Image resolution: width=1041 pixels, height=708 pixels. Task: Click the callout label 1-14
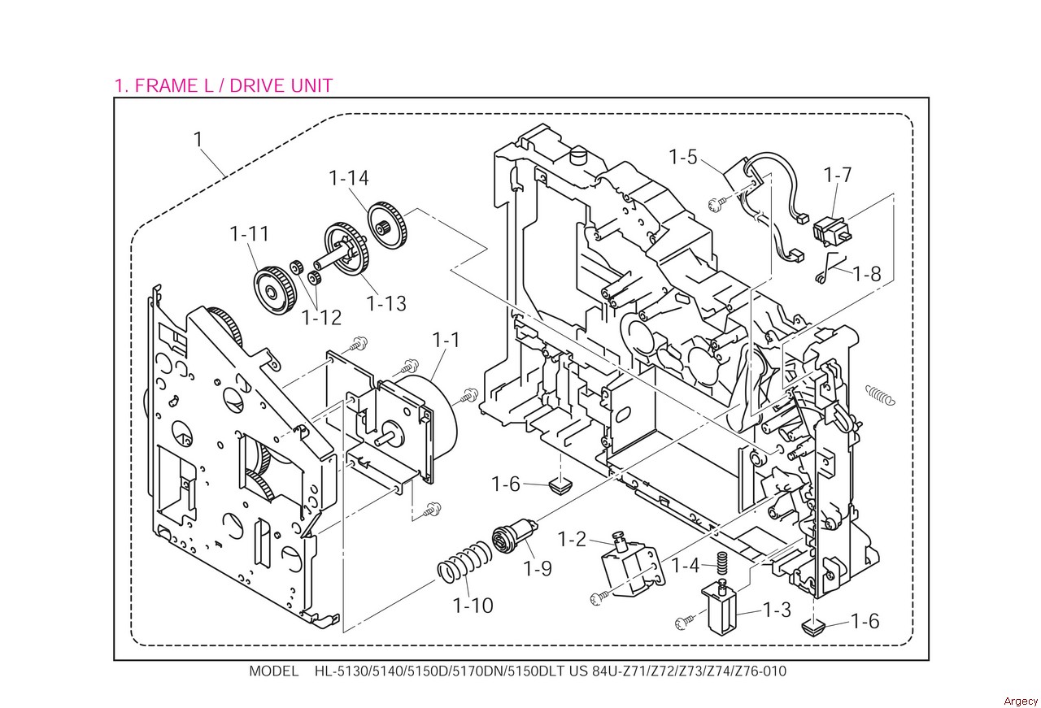click(349, 178)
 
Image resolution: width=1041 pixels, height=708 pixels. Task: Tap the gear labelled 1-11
click(272, 289)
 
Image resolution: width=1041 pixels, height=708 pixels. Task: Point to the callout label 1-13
click(386, 304)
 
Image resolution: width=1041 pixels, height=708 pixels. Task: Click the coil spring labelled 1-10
click(464, 562)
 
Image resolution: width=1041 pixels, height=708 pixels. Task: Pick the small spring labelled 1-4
click(721, 563)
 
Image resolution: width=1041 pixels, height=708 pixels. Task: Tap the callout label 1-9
click(538, 568)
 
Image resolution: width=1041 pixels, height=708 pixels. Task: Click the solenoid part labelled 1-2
click(632, 567)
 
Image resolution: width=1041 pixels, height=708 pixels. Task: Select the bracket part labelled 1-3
click(720, 609)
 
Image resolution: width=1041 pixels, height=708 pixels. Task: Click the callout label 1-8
click(867, 274)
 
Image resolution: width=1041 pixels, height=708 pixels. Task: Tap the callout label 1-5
click(683, 157)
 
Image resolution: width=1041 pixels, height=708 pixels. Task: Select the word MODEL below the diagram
click(274, 671)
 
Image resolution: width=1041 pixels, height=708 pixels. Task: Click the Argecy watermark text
click(1021, 701)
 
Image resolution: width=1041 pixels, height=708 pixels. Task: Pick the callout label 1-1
click(446, 340)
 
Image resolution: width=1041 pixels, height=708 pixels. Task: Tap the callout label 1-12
click(321, 318)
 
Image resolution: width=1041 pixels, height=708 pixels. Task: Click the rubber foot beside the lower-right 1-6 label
click(813, 628)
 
